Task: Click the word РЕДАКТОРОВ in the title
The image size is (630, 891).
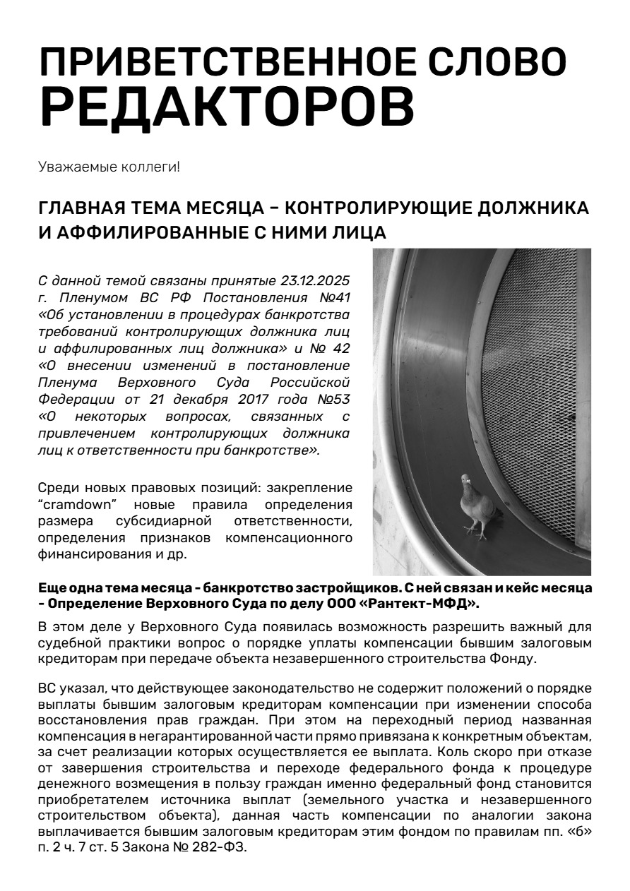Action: (226, 107)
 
